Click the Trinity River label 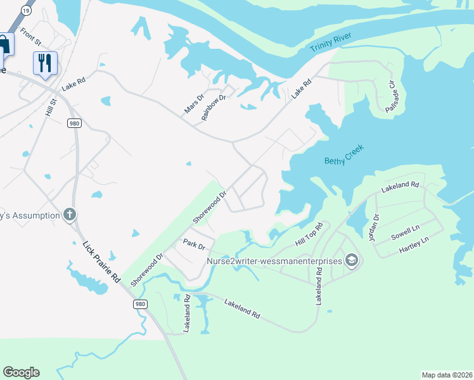pos(330,44)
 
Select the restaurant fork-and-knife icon pos(45,63)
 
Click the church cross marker pos(70,215)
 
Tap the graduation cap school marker pos(352,260)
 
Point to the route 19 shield pos(25,11)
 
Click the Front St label pos(30,37)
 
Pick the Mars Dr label pos(194,104)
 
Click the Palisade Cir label pos(392,96)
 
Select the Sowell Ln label pos(406,232)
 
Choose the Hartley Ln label pos(414,244)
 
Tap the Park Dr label pos(194,244)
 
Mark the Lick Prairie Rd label pos(102,261)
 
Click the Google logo pos(21,372)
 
